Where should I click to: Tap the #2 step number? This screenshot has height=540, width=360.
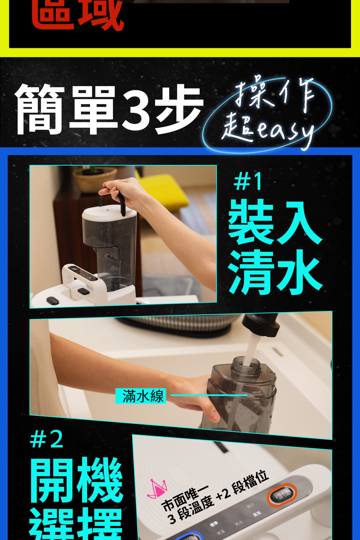[x=47, y=439]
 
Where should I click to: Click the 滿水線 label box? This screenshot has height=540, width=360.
[x=141, y=396]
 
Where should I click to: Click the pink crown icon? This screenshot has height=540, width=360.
[x=157, y=488]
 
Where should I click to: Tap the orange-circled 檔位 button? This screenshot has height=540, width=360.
[x=282, y=495]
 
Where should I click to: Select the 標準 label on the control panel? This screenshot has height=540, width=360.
[x=213, y=524]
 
